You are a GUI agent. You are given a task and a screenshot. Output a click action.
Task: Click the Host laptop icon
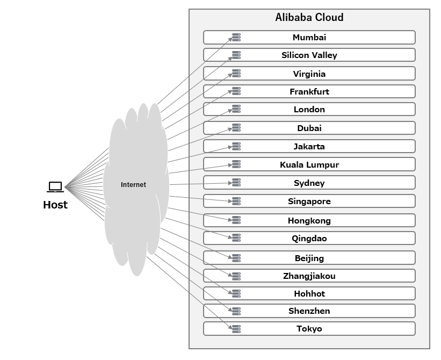point(55,187)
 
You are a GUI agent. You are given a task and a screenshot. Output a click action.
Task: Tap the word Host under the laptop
point(55,205)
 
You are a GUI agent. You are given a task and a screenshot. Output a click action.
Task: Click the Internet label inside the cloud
point(133,185)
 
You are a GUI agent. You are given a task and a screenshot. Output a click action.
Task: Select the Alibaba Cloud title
point(309,17)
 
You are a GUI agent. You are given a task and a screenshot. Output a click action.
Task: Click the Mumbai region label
point(309,38)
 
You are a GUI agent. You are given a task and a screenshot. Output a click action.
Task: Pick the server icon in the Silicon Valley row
point(236,55)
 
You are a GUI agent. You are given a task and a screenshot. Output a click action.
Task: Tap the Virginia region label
point(309,74)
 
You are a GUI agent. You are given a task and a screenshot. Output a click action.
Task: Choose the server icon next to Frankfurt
point(236,92)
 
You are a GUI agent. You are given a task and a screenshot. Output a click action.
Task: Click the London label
point(309,110)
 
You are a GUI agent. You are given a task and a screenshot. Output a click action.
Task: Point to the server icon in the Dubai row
point(236,128)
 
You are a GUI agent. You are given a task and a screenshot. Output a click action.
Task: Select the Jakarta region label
point(309,147)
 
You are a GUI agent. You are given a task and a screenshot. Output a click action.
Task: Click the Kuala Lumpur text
point(309,165)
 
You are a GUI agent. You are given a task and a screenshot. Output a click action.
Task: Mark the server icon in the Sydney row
point(236,183)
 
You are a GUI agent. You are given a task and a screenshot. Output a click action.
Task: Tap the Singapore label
point(309,201)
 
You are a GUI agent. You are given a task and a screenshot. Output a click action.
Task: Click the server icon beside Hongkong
point(236,220)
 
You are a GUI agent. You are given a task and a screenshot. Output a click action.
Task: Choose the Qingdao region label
point(309,239)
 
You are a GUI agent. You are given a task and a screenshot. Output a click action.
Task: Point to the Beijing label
point(309,258)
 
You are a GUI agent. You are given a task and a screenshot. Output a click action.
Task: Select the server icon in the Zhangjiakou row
point(236,276)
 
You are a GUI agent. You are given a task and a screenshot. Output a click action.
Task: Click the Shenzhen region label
point(309,311)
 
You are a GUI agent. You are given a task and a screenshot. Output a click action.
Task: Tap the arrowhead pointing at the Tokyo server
point(230,328)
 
